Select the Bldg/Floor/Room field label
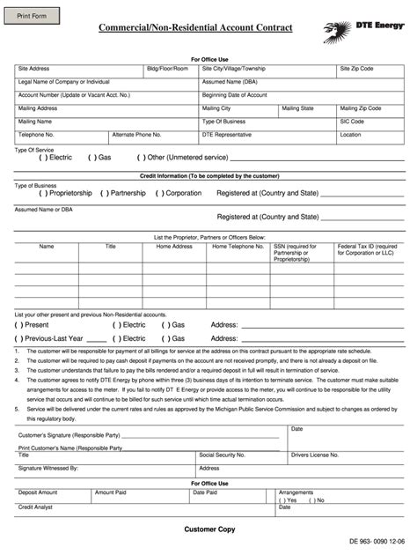click(167, 68)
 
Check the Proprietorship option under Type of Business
click(18, 192)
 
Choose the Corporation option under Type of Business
click(161, 192)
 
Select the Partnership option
click(105, 192)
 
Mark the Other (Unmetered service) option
click(142, 158)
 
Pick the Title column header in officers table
click(110, 247)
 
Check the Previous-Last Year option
click(18, 337)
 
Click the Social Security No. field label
click(224, 455)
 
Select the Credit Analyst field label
click(38, 507)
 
